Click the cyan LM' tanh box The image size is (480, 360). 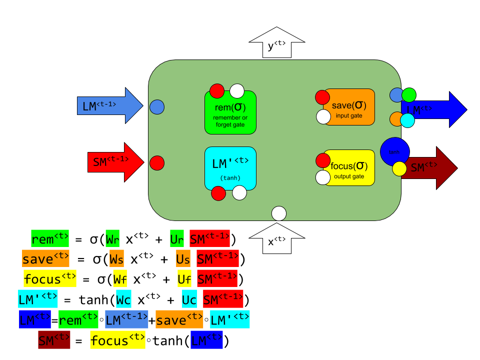click(230, 168)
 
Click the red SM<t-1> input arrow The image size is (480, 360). click(114, 162)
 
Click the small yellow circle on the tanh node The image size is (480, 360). click(399, 168)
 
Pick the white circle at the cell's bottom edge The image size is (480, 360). click(279, 213)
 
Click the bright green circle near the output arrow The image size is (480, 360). click(409, 95)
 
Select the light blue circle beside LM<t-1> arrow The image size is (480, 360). click(157, 107)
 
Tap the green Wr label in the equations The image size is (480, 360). click(112, 238)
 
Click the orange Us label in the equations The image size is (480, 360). click(183, 258)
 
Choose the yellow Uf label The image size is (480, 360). click(184, 278)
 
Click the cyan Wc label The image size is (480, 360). click(123, 299)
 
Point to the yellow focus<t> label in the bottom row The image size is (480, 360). click(117, 340)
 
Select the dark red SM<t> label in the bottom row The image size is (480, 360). click(54, 340)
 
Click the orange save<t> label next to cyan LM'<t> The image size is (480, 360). click(179, 319)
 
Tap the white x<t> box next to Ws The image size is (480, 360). click(142, 258)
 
